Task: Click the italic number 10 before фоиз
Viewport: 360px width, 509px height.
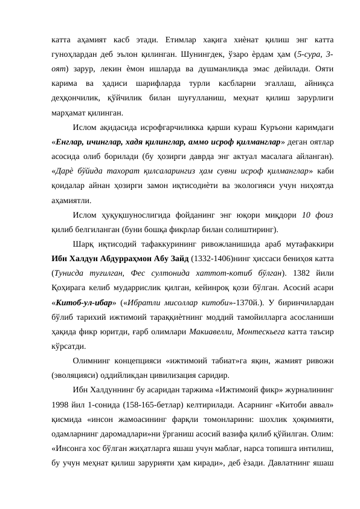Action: pyautogui.click(x=307, y=214)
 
